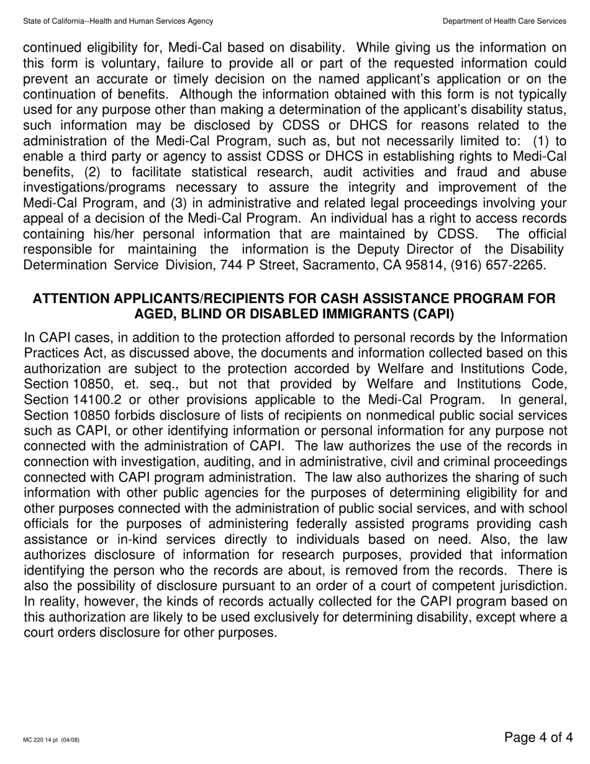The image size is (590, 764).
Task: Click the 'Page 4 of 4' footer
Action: tap(538, 737)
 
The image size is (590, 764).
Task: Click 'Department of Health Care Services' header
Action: tap(504, 21)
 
